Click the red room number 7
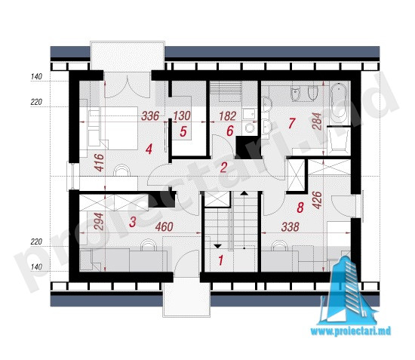[x=291, y=123]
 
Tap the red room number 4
[x=149, y=149]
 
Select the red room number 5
[x=183, y=131]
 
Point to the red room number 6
[x=230, y=131]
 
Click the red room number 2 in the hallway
[x=223, y=168]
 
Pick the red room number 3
[x=133, y=222]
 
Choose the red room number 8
[x=300, y=208]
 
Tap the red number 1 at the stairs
[x=221, y=260]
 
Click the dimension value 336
[x=150, y=116]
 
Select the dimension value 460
[x=164, y=227]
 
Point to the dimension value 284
[x=317, y=122]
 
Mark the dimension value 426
[x=317, y=200]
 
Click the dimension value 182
[x=228, y=116]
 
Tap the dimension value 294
[x=98, y=222]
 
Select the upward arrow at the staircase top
[x=244, y=193]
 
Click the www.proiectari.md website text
[x=350, y=331]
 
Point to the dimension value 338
[x=290, y=227]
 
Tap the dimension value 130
[x=182, y=116]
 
